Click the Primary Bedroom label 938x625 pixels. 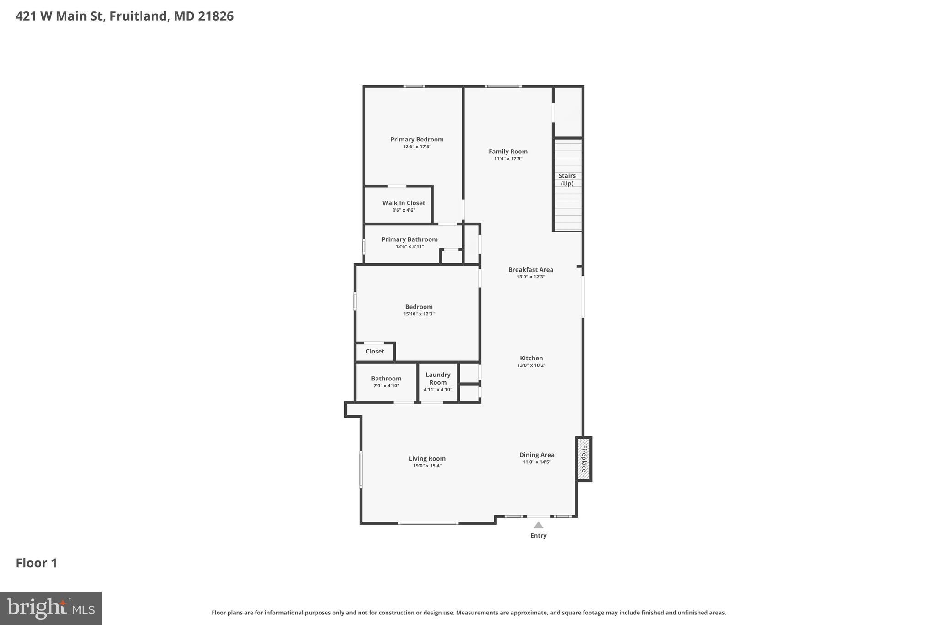pyautogui.click(x=417, y=140)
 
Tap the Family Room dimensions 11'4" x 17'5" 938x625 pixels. pyautogui.click(x=508, y=159)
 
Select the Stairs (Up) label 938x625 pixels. pyautogui.click(x=567, y=179)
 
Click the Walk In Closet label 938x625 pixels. pyautogui.click(x=404, y=203)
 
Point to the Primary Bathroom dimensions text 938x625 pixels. pyautogui.click(x=409, y=247)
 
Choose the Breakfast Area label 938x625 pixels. pyautogui.click(x=530, y=270)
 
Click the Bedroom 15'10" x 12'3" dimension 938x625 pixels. pyautogui.click(x=419, y=314)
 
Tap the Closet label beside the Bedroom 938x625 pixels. pyautogui.click(x=375, y=352)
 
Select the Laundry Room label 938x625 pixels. pyautogui.click(x=438, y=379)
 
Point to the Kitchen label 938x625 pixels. pyautogui.click(x=531, y=359)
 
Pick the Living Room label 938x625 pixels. pyautogui.click(x=427, y=459)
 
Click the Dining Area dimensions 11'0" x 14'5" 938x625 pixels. pyautogui.click(x=537, y=462)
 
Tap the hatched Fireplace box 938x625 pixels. pyautogui.click(x=584, y=459)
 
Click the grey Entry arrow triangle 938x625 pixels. pyautogui.click(x=539, y=525)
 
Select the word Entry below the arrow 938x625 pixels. pyautogui.click(x=539, y=536)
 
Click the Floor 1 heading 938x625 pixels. pyautogui.click(x=37, y=563)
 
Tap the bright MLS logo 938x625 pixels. pyautogui.click(x=50, y=609)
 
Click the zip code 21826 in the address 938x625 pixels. pyautogui.click(x=216, y=16)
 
